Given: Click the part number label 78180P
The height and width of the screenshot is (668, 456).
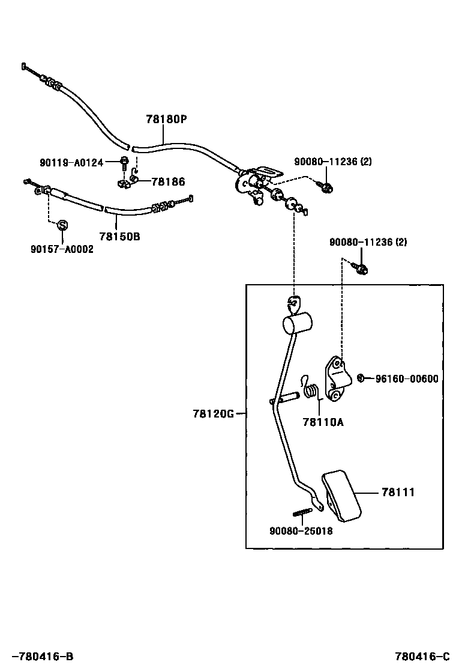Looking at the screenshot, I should [166, 120].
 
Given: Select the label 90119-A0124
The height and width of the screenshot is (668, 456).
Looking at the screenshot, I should [71, 162].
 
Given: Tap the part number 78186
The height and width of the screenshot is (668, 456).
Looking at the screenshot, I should [168, 181].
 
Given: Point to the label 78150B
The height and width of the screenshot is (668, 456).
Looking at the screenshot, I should [119, 237].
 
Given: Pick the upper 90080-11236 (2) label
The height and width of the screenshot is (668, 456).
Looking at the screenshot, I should [333, 162].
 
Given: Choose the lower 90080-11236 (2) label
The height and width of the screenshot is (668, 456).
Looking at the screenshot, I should [368, 242].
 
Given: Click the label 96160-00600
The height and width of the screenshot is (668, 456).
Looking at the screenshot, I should [407, 378].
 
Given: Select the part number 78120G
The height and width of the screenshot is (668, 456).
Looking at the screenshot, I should [213, 413].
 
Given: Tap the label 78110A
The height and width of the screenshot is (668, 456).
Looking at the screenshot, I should [323, 422].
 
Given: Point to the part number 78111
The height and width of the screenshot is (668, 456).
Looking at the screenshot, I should [398, 493].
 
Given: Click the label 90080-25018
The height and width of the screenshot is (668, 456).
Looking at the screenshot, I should [301, 531].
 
